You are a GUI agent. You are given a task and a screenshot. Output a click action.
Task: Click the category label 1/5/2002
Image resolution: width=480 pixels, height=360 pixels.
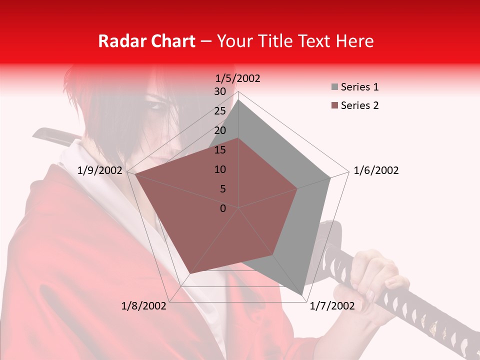tap(238, 78)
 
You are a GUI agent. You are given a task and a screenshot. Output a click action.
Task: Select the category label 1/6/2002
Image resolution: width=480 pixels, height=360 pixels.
tap(376, 170)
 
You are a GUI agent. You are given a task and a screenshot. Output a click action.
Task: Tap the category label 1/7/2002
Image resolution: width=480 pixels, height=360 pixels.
tap(332, 306)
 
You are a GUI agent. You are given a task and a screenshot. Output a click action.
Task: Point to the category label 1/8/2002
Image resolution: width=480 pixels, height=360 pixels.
tap(144, 306)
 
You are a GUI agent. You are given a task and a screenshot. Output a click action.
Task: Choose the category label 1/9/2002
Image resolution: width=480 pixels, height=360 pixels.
tap(100, 170)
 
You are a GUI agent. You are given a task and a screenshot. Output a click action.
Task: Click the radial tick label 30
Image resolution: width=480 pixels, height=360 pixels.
tap(220, 91)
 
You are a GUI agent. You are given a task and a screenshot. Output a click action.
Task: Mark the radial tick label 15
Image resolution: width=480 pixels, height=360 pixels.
tap(220, 150)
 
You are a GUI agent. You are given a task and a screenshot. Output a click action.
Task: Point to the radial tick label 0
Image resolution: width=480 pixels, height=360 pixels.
tap(223, 208)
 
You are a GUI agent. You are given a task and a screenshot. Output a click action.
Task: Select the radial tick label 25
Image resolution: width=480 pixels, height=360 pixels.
tap(220, 111)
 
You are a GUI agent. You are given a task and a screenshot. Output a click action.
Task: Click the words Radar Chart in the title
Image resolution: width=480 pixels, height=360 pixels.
tap(146, 41)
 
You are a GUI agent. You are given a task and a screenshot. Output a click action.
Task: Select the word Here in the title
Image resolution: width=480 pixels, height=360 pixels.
tap(354, 41)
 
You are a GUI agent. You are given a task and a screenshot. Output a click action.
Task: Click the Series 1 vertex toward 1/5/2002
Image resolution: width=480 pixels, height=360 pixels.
tap(238, 100)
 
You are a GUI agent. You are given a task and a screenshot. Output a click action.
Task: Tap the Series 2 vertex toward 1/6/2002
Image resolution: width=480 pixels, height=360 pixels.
tap(297, 188)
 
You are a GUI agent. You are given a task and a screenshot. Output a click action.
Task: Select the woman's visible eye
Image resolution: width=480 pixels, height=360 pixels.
tap(156, 106)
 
